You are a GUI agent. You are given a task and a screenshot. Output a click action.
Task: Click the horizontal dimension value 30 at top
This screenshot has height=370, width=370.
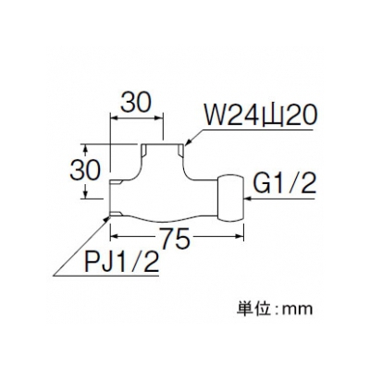tap(137, 103)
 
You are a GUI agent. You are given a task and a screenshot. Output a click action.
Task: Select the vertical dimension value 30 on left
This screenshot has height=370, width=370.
tap(85, 170)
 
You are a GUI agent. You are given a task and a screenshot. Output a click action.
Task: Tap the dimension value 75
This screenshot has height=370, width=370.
tap(175, 239)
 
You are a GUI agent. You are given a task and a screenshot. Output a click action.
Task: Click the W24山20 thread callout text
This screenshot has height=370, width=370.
tap(261, 115)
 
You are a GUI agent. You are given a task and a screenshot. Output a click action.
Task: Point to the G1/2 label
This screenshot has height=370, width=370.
tap(285, 184)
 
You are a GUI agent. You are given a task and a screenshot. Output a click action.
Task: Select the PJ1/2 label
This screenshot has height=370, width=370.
tap(121, 261)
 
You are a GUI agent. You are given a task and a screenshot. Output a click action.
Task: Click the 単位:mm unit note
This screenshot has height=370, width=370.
tap(275, 308)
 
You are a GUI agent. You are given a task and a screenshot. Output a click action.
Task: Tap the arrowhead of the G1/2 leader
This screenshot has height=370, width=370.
tap(248, 200)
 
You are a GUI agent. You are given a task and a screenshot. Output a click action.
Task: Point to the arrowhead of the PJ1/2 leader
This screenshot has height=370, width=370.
tap(107, 219)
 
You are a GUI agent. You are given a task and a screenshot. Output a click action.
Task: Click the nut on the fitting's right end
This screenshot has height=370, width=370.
tap(231, 197)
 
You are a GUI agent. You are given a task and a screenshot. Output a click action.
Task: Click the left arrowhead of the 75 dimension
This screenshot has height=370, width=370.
tap(114, 237)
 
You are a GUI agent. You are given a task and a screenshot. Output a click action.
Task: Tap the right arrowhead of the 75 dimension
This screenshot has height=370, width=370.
tap(240, 237)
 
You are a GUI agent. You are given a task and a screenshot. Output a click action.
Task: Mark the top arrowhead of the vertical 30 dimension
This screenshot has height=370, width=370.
tap(86, 148)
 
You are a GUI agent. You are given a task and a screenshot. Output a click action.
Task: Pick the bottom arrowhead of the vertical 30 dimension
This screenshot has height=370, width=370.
tap(86, 194)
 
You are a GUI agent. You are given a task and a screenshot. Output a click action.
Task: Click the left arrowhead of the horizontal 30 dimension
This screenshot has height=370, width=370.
tap(114, 117)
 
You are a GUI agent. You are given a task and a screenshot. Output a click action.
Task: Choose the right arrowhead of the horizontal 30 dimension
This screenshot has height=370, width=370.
tap(159, 117)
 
